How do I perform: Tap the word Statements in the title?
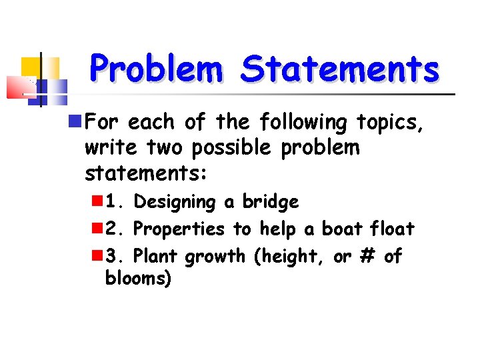340,69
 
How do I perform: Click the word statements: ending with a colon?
146,173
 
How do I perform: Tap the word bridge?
270,202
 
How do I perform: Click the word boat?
343,229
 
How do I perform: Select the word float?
392,229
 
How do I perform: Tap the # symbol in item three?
364,257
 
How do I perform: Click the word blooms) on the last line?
138,279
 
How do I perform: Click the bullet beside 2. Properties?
97,229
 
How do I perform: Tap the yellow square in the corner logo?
31,67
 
